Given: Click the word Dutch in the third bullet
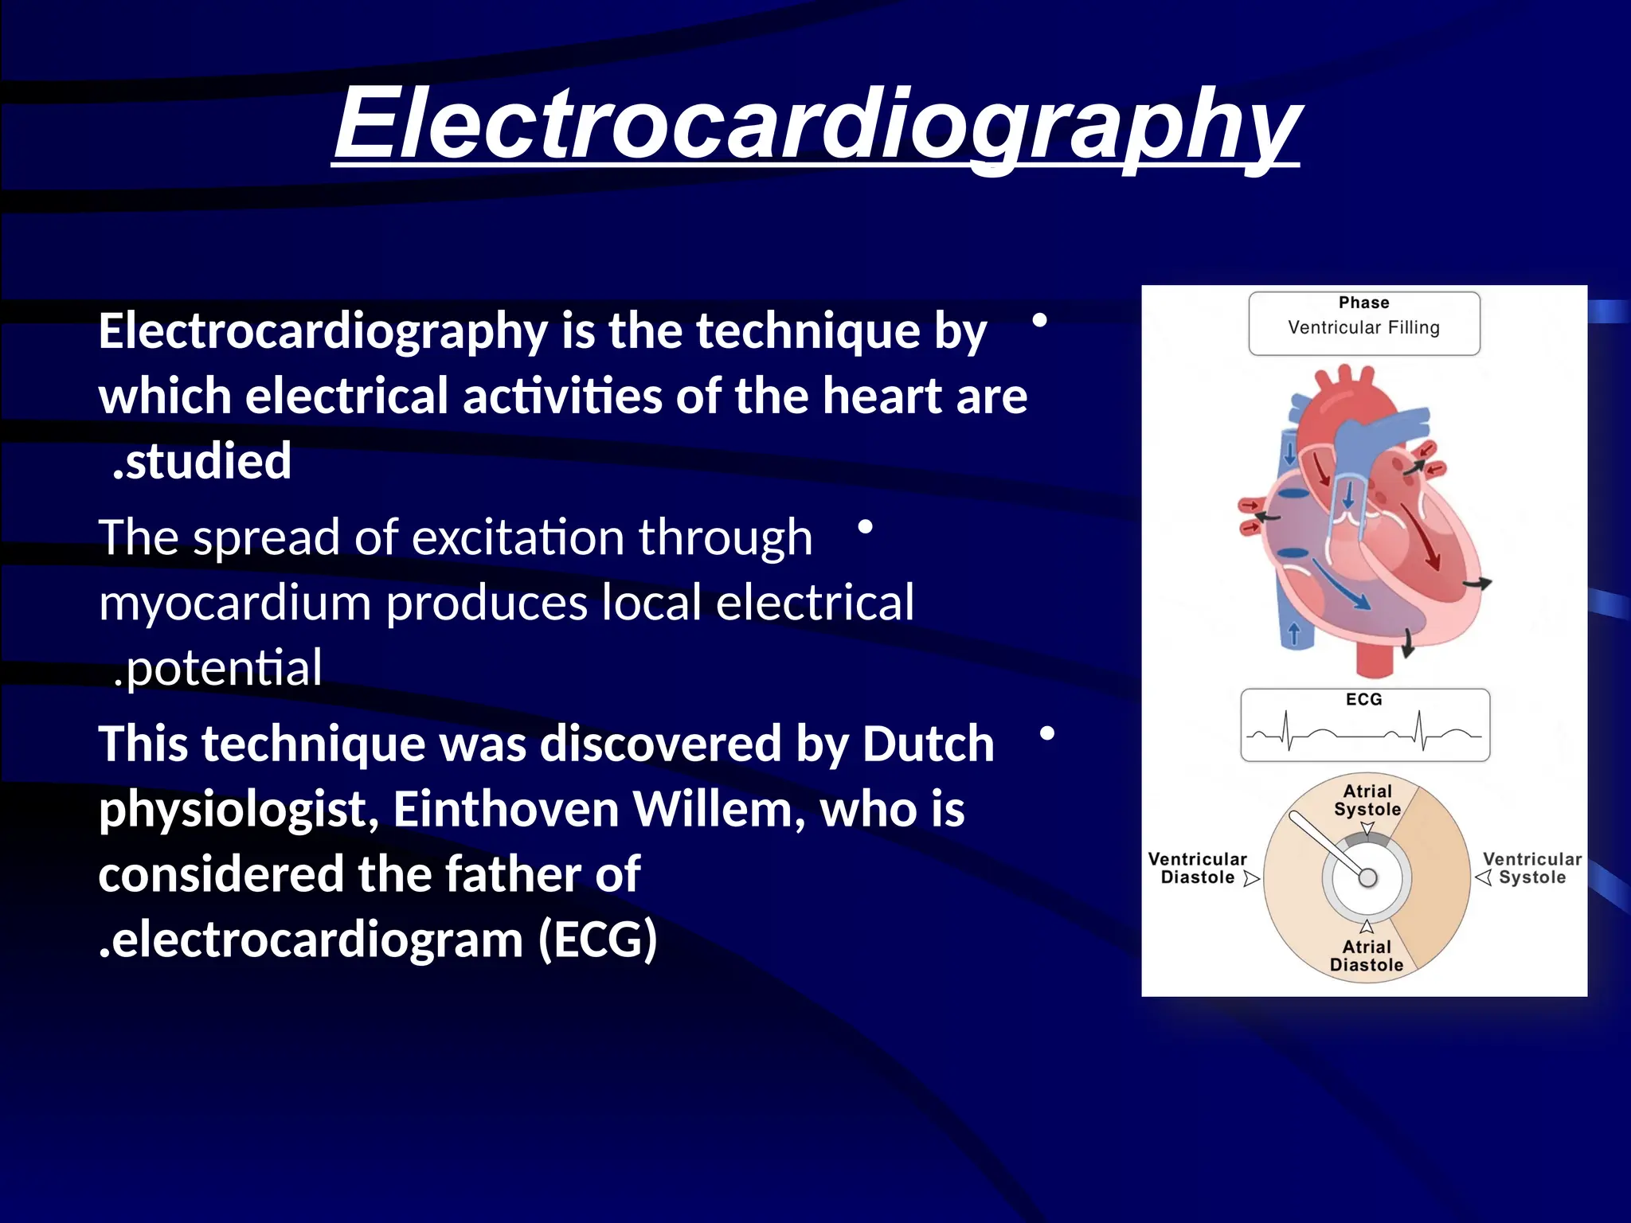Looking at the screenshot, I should (928, 744).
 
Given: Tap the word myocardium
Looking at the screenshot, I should (235, 603).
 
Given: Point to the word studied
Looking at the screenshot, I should (209, 461).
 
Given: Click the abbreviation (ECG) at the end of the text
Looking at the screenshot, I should (597, 940).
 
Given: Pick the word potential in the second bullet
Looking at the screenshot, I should (224, 668).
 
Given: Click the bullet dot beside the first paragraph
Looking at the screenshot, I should (1039, 320).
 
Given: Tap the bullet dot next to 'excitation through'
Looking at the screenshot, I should (866, 526).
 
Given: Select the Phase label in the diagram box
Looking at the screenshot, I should (1363, 303).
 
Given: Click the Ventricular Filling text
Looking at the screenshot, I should (1363, 327).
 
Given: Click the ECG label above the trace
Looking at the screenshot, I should (1363, 699).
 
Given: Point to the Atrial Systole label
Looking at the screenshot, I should (1367, 800).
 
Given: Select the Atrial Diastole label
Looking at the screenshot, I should (1367, 955).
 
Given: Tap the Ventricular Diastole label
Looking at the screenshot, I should (1197, 868).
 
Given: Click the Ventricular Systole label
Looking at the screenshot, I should (1531, 868).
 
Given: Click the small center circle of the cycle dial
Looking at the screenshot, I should (1367, 877).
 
